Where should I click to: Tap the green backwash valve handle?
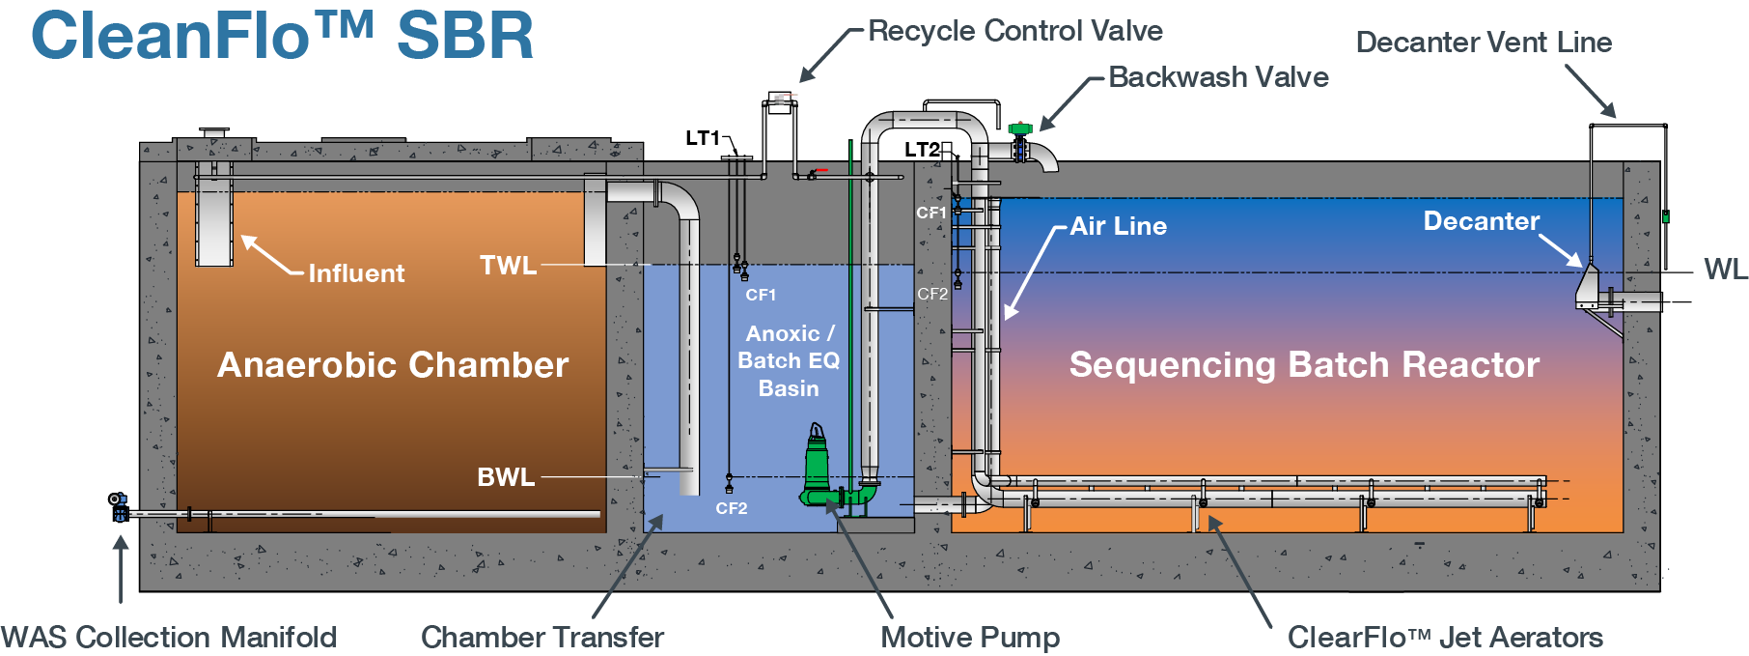(1020, 128)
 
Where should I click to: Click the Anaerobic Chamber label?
(393, 365)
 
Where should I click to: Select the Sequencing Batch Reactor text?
(1304, 365)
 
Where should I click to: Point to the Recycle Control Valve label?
(1014, 31)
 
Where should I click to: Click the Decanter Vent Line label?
(1483, 43)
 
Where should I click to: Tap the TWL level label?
(508, 265)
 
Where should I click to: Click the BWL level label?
(506, 477)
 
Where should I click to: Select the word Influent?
(356, 273)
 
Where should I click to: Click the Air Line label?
(1118, 226)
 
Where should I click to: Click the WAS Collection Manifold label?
(169, 638)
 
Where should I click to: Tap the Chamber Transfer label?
(541, 638)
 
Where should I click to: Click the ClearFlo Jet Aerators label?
(1444, 638)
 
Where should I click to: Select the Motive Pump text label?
(969, 638)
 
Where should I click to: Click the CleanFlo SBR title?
(282, 37)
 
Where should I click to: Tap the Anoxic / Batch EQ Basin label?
(789, 360)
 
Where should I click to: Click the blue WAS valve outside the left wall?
(119, 506)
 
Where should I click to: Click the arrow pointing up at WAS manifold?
(121, 570)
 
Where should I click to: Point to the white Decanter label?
(1481, 221)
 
